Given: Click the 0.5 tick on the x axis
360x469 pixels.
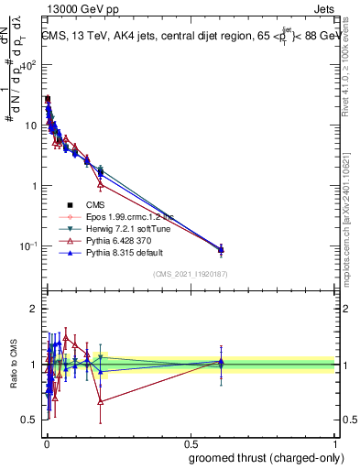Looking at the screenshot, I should (x=190, y=442).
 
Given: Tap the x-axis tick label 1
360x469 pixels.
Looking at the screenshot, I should (x=333, y=442).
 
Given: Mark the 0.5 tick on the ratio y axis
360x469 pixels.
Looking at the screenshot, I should (x=32, y=420).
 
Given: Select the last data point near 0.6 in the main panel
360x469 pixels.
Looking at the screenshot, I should (x=220, y=249).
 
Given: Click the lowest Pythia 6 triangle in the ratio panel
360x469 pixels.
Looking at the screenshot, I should (x=100, y=401).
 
